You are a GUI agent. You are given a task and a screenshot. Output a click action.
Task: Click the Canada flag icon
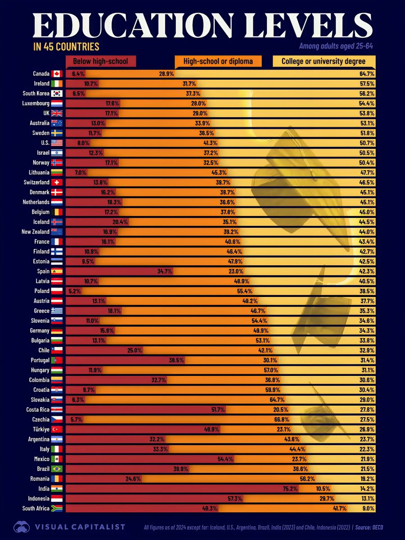point(56,74)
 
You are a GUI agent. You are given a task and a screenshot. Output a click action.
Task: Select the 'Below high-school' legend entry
point(101,61)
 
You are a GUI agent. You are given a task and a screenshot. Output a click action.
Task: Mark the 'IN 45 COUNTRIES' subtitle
point(67,47)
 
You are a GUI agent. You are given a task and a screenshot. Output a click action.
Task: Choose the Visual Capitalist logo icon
point(22,527)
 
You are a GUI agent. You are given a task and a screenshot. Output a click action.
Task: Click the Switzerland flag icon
point(56,182)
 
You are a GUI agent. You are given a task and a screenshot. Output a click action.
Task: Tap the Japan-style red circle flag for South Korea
point(56,94)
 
